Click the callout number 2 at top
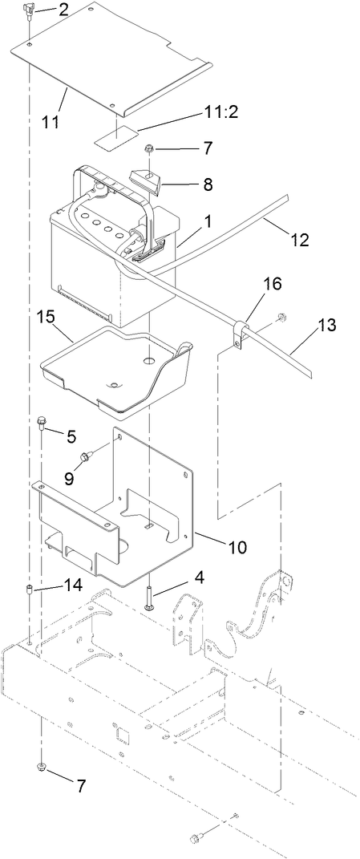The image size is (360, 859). coord(63,10)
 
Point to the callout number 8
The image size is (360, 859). coord(208,184)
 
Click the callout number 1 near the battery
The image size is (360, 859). coord(207,221)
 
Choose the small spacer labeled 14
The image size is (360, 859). coord(28,593)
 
